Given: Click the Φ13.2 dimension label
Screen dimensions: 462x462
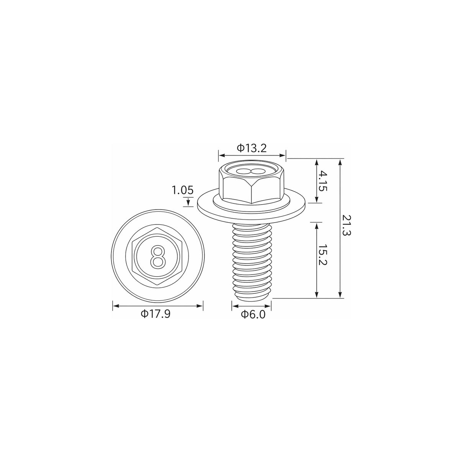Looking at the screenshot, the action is [252, 148].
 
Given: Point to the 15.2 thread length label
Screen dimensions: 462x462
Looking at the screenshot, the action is [323, 255].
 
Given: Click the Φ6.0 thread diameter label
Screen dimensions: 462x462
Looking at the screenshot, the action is [254, 314].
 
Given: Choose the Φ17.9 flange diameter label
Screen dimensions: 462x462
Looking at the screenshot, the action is [156, 314].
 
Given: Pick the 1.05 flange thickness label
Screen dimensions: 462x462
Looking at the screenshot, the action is [182, 190].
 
